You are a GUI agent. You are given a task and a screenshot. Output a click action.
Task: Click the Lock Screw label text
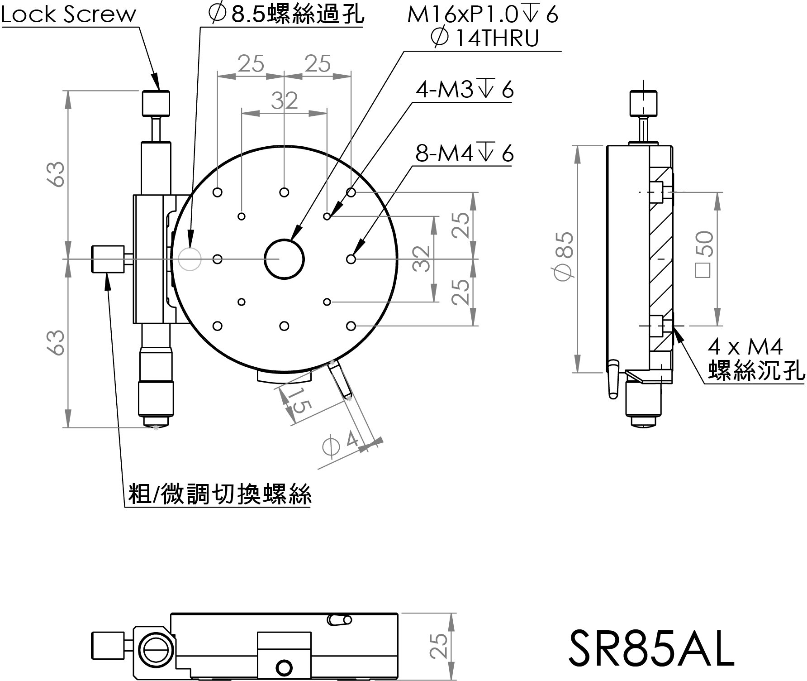tap(68, 14)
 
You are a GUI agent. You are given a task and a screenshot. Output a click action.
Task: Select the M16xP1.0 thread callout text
tap(483, 15)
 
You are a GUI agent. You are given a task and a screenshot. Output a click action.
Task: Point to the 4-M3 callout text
tap(465, 90)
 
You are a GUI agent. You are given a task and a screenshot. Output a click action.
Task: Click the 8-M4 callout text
tap(465, 154)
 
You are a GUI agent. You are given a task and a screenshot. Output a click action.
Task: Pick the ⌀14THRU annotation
tap(485, 38)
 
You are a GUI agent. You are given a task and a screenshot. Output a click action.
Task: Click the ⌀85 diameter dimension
tap(565, 256)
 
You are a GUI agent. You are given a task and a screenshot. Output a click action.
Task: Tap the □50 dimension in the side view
tap(705, 254)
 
